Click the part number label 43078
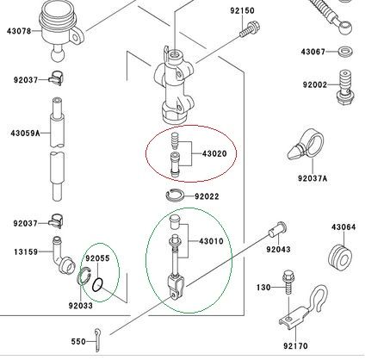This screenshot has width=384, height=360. [x=19, y=31]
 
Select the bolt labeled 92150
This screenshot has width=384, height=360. [x=250, y=29]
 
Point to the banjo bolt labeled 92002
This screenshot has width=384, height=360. [x=345, y=88]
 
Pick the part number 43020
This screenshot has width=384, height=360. [x=214, y=153]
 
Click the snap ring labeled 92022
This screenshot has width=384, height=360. [x=176, y=196]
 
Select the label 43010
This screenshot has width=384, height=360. [x=211, y=241]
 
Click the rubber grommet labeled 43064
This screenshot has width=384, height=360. [x=340, y=258]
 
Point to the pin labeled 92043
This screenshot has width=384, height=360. [x=277, y=230]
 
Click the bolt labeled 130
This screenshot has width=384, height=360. [x=288, y=282]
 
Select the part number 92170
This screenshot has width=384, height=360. [x=295, y=346]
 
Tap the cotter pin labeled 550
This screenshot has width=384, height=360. [x=98, y=340]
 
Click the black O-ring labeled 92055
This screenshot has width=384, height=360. [x=97, y=285]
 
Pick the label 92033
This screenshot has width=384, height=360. [x=81, y=306]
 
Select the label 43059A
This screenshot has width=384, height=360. [x=25, y=133]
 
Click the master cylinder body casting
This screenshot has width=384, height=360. [x=175, y=85]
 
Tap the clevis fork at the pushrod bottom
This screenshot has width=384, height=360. [x=175, y=287]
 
